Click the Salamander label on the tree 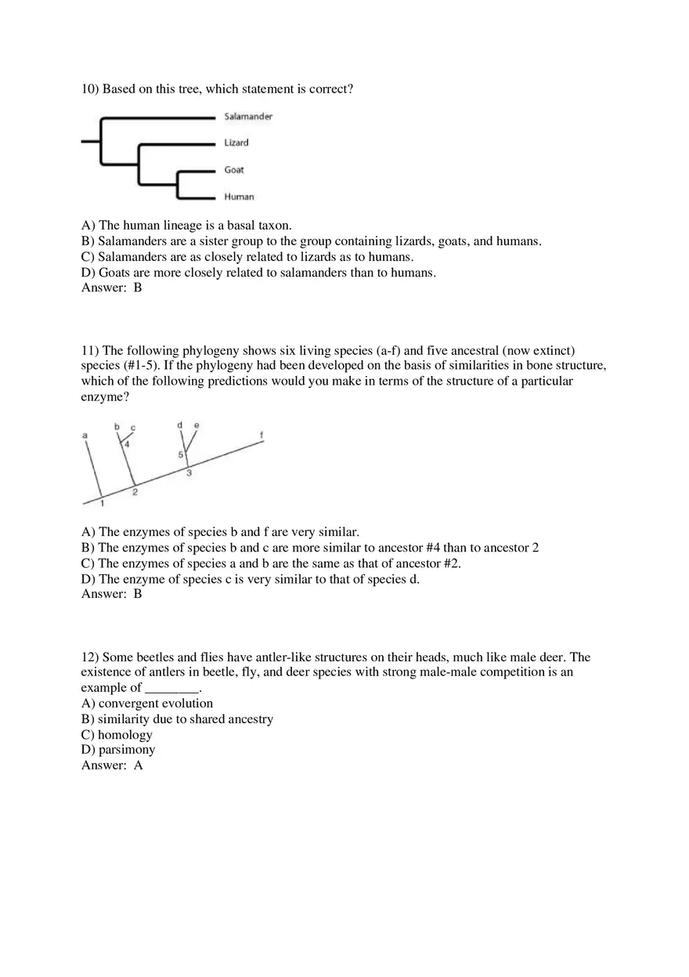(x=248, y=117)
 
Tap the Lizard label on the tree (x=236, y=143)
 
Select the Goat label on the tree (x=234, y=170)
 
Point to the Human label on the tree (x=239, y=197)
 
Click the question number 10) (x=90, y=89)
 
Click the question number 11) (x=90, y=350)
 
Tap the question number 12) (x=90, y=657)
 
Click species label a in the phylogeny (x=85, y=435)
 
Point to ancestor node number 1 (x=102, y=504)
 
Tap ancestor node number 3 (x=189, y=472)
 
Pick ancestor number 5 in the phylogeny (x=180, y=454)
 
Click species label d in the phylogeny (x=179, y=425)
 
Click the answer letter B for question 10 (x=138, y=288)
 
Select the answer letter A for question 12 (x=139, y=765)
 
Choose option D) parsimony (x=118, y=750)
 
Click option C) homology (x=117, y=735)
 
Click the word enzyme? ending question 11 (x=105, y=397)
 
